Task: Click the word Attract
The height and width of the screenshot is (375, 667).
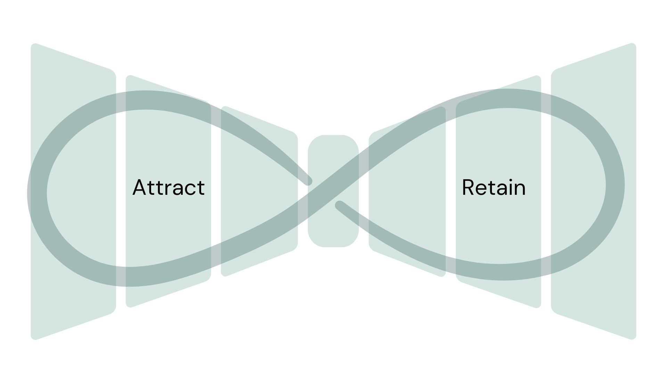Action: point(168,187)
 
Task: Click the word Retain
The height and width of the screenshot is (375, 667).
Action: point(493,187)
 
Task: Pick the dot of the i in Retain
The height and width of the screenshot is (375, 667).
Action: point(509,180)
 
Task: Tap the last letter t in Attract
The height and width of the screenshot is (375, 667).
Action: point(201,188)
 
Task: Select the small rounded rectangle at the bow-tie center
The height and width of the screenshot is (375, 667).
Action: point(333,222)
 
